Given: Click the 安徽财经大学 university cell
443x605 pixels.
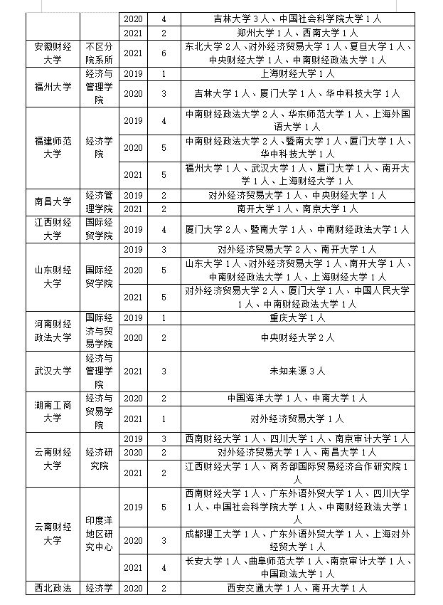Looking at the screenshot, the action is click(x=53, y=53).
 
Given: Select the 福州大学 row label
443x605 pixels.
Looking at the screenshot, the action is click(x=53, y=87).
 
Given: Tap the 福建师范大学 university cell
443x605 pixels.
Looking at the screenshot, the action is click(x=53, y=147).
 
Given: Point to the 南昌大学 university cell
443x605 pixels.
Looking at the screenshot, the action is click(x=53, y=201).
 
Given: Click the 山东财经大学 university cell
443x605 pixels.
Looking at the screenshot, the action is click(x=53, y=277).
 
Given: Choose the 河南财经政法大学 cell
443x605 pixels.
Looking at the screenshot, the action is click(x=53, y=330).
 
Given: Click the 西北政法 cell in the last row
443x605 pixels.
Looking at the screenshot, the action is click(x=53, y=588).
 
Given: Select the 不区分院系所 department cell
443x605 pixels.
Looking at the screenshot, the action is click(x=100, y=53).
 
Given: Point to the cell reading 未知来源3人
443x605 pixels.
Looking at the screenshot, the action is click(x=297, y=371).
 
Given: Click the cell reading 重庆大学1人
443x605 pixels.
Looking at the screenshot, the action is click(x=297, y=317).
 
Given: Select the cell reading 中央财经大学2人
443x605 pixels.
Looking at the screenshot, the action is click(x=297, y=337).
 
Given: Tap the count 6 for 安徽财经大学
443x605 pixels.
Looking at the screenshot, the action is click(x=164, y=53).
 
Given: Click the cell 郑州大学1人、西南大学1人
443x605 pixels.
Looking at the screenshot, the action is click(x=297, y=33).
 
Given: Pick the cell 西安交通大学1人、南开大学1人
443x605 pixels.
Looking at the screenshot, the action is click(x=297, y=588).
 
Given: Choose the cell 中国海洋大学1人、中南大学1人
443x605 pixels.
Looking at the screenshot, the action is click(x=297, y=398).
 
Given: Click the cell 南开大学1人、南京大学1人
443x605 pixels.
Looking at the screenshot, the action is click(x=297, y=209).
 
